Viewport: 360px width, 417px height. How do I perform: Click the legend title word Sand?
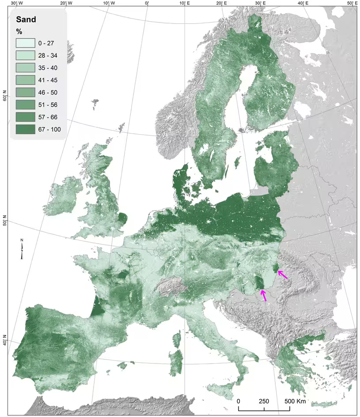(x=26, y=19)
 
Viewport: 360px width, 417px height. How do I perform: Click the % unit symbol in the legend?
(x=19, y=32)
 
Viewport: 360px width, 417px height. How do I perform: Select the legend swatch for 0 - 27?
(x=26, y=43)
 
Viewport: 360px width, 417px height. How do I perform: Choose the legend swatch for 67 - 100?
(x=26, y=129)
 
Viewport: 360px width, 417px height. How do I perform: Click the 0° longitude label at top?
(x=147, y=3)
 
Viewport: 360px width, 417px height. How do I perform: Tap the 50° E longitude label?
(x=352, y=3)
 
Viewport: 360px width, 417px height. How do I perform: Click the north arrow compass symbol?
(x=22, y=248)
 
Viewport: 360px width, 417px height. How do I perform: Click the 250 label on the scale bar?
(x=264, y=402)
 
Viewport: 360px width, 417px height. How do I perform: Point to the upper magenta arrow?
(x=283, y=274)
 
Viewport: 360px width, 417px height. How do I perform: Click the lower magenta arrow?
(x=264, y=295)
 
